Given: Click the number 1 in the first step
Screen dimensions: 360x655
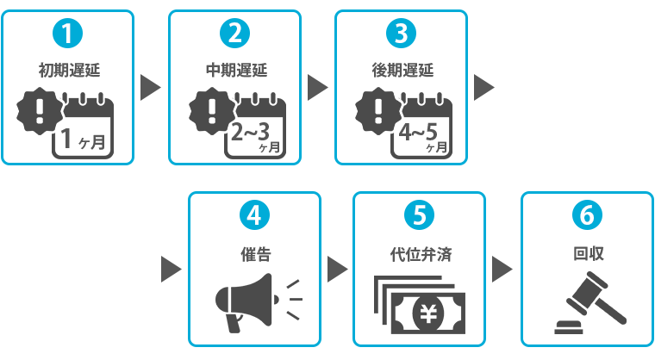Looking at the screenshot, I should pos(67,34).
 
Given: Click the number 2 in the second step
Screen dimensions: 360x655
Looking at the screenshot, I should pos(234,34).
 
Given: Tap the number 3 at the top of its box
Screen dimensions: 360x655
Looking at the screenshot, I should pos(401,34).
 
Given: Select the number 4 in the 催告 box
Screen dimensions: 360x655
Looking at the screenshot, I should pos(253,214).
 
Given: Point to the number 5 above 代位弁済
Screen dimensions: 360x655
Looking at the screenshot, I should pos(420,214).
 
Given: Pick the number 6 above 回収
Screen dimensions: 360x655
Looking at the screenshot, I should pos(586,214).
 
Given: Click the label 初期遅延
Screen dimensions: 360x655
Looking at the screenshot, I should pos(67,70).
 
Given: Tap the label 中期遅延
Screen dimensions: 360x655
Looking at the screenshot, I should pos(234,70).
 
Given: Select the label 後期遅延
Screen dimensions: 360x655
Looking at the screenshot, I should pos(401,70).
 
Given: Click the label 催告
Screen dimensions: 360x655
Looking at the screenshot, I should pos(253,254).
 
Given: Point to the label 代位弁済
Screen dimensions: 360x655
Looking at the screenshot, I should pos(420,254).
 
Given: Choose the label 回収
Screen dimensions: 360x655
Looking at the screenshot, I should pos(586,254).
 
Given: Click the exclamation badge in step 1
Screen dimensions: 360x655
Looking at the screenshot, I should pos(40,111).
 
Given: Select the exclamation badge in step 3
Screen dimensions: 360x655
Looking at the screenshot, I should pos(377,111).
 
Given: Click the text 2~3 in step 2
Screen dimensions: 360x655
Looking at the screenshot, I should pos(252,132).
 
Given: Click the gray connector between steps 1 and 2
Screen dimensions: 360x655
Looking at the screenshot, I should pos(151,88).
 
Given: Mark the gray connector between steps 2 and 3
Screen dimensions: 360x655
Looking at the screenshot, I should pos(318,88).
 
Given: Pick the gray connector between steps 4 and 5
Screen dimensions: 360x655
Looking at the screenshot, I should pos(337,269).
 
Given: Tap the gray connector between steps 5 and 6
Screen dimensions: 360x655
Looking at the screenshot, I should pos(502,269).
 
